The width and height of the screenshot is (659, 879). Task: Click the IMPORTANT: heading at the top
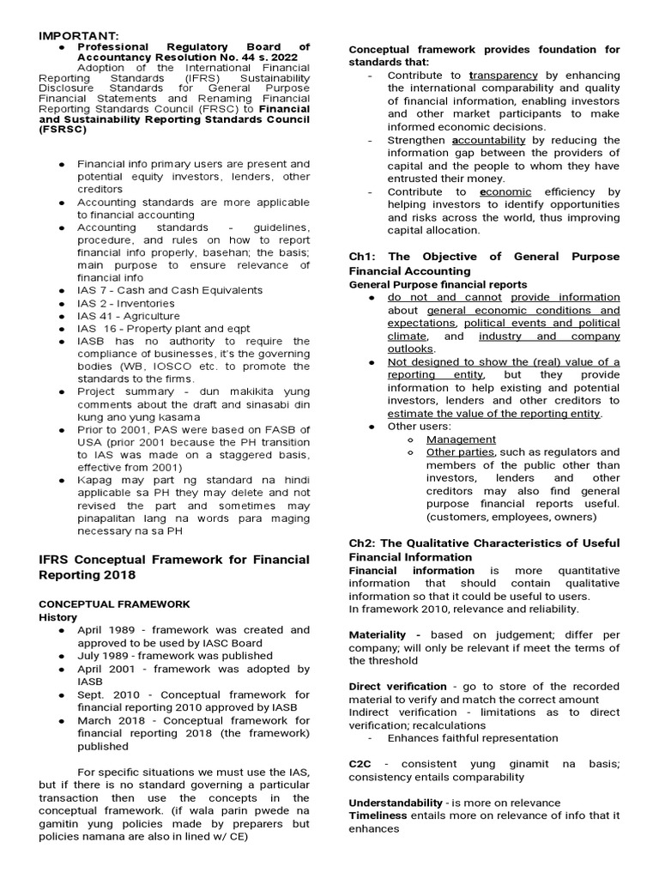coord(75,34)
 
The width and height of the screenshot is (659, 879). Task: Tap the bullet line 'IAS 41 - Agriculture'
coord(129,316)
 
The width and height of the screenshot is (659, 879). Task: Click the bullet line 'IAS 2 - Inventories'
coord(126,303)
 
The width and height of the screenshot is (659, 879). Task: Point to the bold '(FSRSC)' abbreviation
coord(63,130)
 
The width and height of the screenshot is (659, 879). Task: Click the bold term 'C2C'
coord(360,764)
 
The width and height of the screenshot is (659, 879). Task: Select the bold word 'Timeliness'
coord(378,815)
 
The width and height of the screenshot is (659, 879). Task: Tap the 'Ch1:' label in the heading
coord(364,257)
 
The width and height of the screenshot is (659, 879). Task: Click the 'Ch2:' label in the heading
coord(364,544)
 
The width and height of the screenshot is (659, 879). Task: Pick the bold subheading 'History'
coord(58,616)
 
